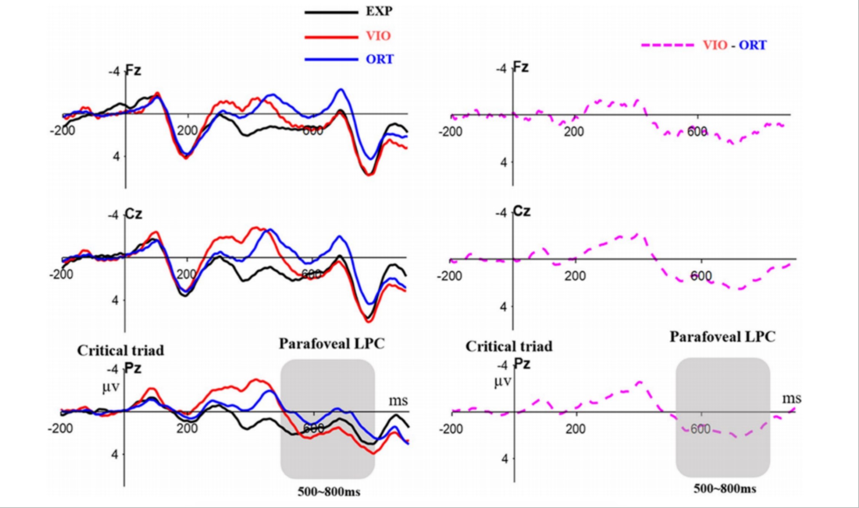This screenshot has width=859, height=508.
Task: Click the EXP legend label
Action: coord(379,11)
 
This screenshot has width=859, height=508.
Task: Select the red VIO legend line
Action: coord(331,37)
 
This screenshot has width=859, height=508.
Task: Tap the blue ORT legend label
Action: coord(380,59)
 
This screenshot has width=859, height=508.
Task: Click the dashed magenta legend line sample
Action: coord(667,45)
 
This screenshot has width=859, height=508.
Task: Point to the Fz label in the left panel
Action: coord(133,70)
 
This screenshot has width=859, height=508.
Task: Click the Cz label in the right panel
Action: coord(522,211)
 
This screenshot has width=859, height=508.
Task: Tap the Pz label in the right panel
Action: coord(522,364)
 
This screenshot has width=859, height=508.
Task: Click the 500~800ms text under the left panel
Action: coord(329,492)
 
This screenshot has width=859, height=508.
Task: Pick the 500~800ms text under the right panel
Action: coord(725,489)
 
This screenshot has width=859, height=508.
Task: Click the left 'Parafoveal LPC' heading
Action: coord(332,344)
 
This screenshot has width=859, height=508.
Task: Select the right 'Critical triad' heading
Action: coord(509,346)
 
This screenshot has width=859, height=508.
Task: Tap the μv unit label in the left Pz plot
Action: coord(110,387)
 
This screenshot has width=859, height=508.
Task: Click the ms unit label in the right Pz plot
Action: coord(792,398)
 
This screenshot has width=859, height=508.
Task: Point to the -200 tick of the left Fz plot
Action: coord(62,130)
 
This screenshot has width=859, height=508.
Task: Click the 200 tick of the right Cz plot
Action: coord(575,276)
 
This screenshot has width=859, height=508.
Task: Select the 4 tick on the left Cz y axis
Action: coord(115,300)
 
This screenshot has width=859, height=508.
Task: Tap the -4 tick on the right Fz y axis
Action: coord(501,69)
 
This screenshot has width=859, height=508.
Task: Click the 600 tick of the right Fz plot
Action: coord(697,132)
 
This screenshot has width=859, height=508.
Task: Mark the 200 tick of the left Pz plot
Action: coord(187,429)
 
